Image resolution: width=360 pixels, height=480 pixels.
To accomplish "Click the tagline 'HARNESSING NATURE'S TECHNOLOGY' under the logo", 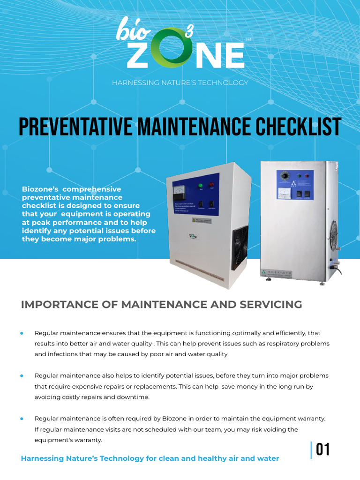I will (x=180, y=83).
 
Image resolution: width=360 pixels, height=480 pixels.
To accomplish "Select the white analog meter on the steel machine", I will (x=285, y=193).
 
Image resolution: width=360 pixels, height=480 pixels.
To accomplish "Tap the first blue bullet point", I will (x=22, y=333).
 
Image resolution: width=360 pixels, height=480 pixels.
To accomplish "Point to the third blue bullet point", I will (x=22, y=418).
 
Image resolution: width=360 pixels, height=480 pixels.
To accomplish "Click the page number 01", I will (x=323, y=450).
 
